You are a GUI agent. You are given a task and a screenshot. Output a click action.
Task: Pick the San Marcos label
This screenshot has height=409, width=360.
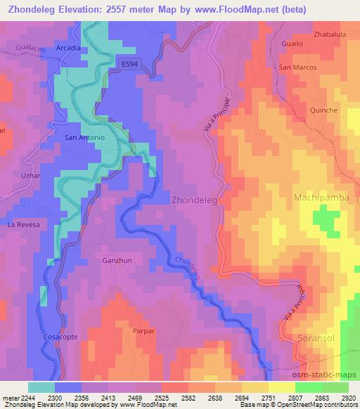tap(297, 67)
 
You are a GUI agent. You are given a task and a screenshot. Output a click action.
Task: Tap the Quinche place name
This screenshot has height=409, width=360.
tap(323, 110)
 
